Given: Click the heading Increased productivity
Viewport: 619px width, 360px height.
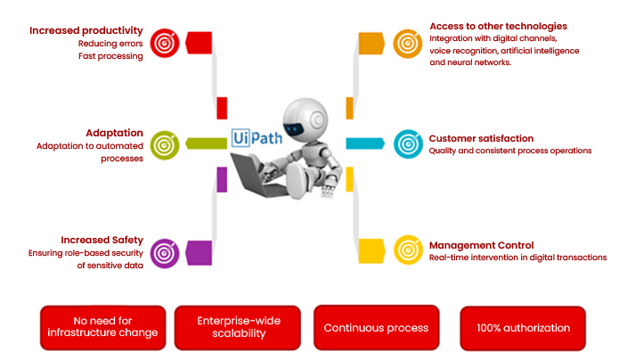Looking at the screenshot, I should [x=86, y=30].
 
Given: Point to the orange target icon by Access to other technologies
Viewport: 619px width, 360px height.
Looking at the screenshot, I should [x=407, y=42].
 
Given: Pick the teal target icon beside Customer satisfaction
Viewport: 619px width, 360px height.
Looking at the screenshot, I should [x=407, y=143].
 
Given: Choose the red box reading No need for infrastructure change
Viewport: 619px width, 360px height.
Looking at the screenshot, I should [x=103, y=327].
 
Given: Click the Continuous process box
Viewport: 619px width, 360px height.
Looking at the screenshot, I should [x=376, y=328].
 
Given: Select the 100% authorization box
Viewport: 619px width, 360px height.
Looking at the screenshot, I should [x=522, y=328].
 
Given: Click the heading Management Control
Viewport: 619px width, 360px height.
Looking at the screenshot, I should [x=481, y=245].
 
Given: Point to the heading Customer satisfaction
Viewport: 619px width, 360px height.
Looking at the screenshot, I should [x=481, y=138].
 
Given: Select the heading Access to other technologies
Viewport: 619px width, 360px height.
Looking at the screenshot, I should [x=498, y=26].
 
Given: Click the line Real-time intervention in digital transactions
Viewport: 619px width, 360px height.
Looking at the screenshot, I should [x=517, y=258].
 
